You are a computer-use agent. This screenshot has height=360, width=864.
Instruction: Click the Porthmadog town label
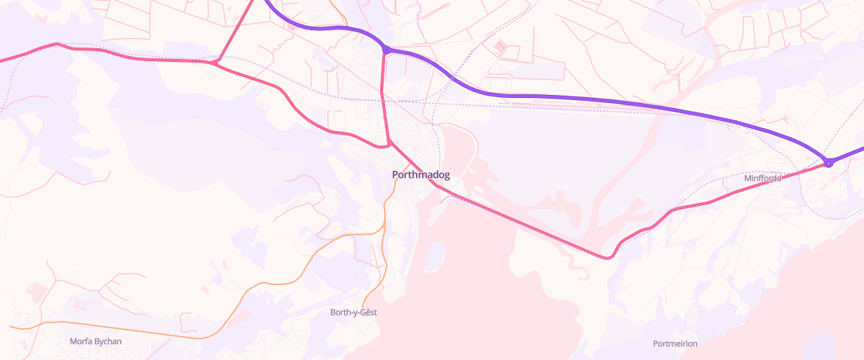tap(421, 175)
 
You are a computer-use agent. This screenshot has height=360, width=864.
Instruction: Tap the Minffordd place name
tap(762, 178)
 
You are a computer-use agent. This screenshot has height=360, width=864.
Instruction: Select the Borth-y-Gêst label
tap(354, 312)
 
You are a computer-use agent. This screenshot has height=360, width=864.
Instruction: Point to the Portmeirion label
tap(675, 343)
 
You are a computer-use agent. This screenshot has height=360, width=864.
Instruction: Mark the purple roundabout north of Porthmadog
tap(387, 50)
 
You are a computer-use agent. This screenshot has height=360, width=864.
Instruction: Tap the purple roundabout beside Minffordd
tap(829, 163)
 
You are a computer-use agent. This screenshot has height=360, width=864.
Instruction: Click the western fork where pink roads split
tap(215, 63)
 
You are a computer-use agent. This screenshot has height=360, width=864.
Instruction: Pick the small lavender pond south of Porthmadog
tap(434, 256)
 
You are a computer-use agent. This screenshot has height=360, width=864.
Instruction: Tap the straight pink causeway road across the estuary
tap(518, 220)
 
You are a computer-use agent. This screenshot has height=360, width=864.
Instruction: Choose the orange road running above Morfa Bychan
tap(130, 330)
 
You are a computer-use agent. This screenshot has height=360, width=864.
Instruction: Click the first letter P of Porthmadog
tap(395, 175)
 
